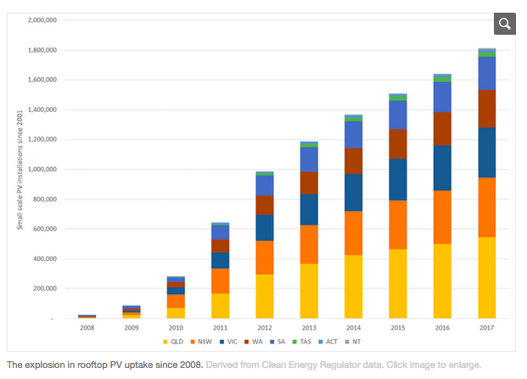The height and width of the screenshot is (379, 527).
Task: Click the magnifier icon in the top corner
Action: pos(504,24)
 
